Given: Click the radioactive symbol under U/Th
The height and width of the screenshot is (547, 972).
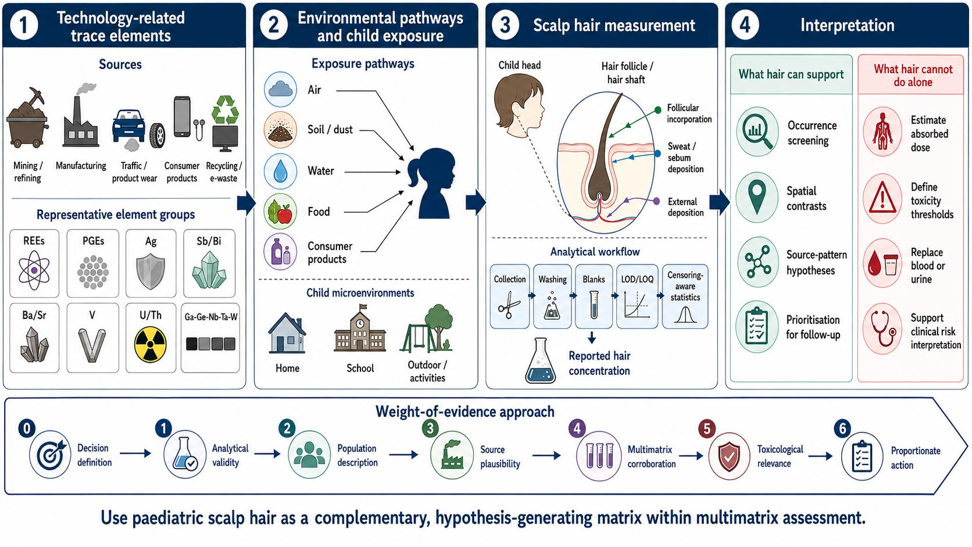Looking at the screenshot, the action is click(x=150, y=345).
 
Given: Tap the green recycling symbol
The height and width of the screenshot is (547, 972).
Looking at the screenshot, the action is click(x=225, y=109).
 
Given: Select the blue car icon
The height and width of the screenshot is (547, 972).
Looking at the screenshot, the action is click(x=128, y=126).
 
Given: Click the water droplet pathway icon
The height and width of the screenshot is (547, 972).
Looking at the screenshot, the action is click(x=280, y=171).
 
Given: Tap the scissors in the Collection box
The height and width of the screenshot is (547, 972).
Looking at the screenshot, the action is click(x=509, y=305).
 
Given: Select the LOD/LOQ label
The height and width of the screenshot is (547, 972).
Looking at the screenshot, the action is click(x=637, y=279).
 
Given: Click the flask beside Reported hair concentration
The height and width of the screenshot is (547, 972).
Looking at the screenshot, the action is click(x=540, y=361).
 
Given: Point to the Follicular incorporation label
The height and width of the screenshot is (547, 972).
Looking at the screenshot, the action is click(x=689, y=113).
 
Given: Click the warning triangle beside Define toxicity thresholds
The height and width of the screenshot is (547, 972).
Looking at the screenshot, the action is click(x=882, y=199).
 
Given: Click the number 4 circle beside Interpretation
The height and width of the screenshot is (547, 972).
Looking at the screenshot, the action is click(x=745, y=24).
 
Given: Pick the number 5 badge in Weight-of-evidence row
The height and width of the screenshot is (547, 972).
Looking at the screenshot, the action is click(x=707, y=428).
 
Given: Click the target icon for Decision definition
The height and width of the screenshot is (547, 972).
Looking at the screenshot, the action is click(x=51, y=455).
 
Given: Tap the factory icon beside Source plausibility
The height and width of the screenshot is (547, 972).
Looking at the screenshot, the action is click(x=451, y=455).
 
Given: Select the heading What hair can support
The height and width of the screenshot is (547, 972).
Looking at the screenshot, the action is click(x=791, y=74).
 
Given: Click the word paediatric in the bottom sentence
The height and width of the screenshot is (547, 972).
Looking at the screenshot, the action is click(x=168, y=518).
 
